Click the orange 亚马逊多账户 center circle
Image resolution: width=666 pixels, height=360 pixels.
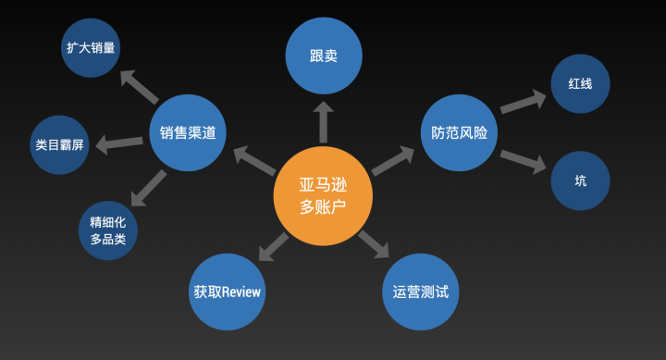click(x=323, y=195)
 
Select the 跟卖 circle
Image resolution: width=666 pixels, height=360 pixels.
click(x=323, y=56)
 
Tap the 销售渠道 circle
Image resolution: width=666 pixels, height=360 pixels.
click(x=188, y=133)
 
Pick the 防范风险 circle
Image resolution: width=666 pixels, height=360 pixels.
click(x=459, y=133)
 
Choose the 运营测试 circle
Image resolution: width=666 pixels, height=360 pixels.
click(x=421, y=292)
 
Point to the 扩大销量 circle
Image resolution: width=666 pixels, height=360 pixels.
click(x=92, y=47)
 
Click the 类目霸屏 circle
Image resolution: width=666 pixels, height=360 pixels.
click(x=60, y=145)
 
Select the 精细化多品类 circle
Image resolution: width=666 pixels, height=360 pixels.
click(x=108, y=230)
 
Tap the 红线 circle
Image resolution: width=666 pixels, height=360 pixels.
click(x=580, y=82)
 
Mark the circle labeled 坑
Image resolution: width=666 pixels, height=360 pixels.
click(x=580, y=180)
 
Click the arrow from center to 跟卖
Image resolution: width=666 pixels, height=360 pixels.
click(x=323, y=119)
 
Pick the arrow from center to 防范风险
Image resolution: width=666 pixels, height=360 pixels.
click(x=392, y=160)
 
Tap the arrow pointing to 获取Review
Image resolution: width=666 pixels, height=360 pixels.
click(x=272, y=246)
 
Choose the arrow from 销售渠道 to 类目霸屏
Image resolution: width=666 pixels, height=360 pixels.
click(x=119, y=143)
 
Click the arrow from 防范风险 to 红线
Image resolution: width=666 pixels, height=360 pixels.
click(x=523, y=101)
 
